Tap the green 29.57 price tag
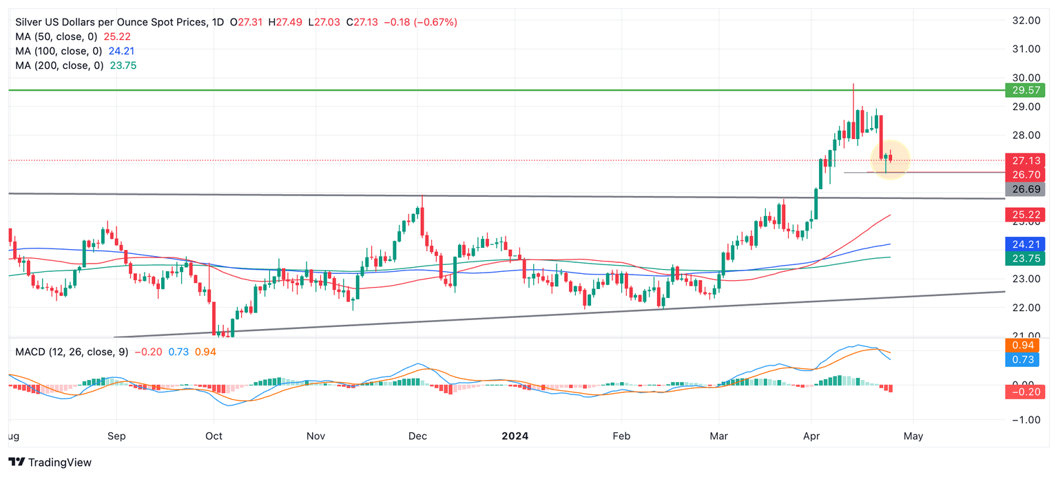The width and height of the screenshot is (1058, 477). [1025, 90]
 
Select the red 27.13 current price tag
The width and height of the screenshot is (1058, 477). [1025, 160]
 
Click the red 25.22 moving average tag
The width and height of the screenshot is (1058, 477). [1025, 215]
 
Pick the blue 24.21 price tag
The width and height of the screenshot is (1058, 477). [1025, 244]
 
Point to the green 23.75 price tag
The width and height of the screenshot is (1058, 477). [1025, 258]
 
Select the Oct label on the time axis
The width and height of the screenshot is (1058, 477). [214, 436]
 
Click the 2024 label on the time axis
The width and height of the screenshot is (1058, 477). [515, 436]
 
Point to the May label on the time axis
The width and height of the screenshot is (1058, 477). [913, 436]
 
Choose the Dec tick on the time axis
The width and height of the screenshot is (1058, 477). [417, 436]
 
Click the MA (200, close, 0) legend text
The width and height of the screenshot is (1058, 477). [59, 65]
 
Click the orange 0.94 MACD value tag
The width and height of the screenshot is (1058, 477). [1025, 346]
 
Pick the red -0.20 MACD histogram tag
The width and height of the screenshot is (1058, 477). [1025, 392]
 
